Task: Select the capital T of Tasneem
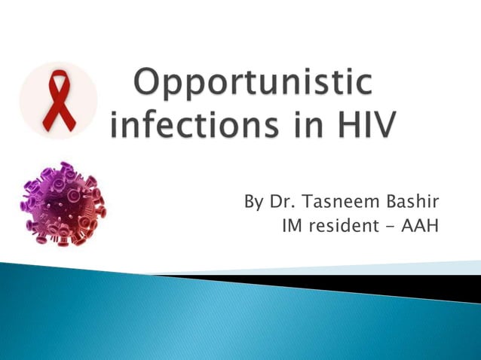(309, 203)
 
